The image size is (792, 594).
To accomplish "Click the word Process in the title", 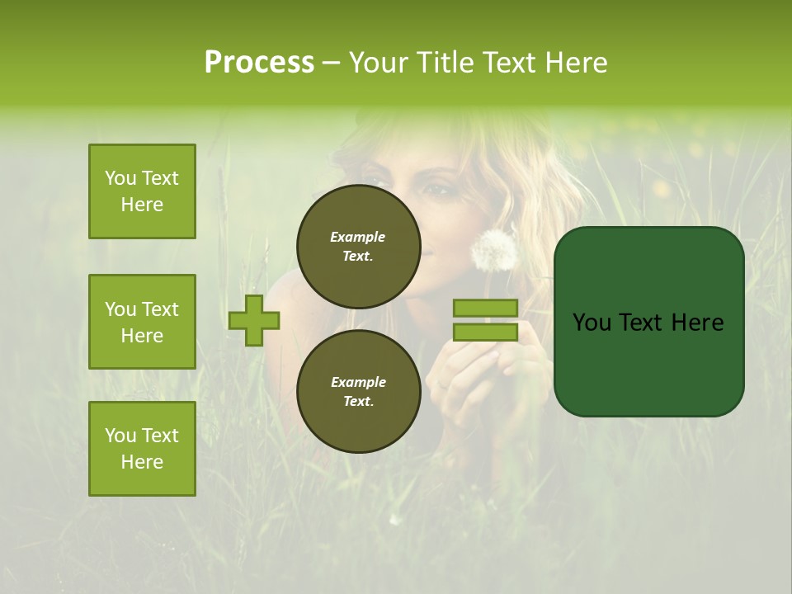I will [x=259, y=63].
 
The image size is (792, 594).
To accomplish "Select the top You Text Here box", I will [x=142, y=191].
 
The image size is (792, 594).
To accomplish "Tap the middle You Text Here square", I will [x=142, y=322].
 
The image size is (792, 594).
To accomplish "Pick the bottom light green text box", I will [x=142, y=448].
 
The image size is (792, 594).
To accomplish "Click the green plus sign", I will [x=254, y=320].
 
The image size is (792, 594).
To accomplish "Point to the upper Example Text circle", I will [x=358, y=246].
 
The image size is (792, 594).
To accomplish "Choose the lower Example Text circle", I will [x=358, y=391].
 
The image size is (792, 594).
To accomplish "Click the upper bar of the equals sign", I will [x=486, y=308].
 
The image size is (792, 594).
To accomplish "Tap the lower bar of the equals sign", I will [x=486, y=332].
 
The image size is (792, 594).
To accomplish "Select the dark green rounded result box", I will [x=648, y=322].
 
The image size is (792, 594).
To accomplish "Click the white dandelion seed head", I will [x=493, y=249].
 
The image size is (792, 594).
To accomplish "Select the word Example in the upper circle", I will [x=358, y=237].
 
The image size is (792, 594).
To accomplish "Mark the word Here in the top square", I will [x=142, y=205].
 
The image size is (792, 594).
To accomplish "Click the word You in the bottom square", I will [x=120, y=436].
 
